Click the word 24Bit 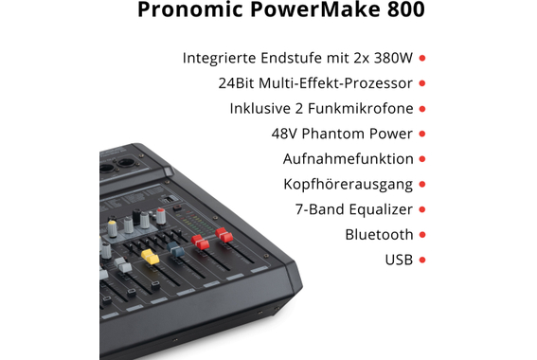click(x=236, y=83)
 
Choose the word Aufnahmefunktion click(x=348, y=159)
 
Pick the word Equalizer click(x=377, y=209)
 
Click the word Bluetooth click(x=379, y=235)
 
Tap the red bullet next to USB click(x=422, y=260)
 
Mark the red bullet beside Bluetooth click(x=422, y=235)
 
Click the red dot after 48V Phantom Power click(x=422, y=134)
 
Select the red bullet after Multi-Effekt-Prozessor click(x=422, y=83)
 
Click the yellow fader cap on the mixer click(x=149, y=256)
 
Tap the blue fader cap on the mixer click(x=175, y=250)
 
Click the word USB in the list click(x=399, y=260)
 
